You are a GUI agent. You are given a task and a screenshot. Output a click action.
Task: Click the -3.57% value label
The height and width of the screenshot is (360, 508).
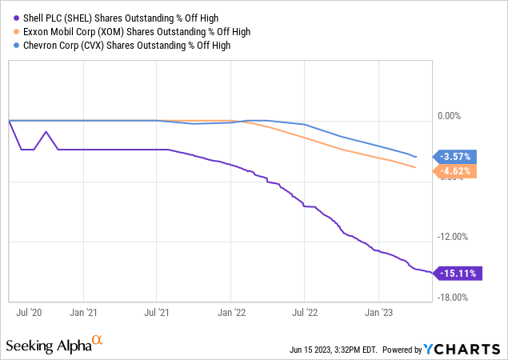pyautogui.click(x=457, y=156)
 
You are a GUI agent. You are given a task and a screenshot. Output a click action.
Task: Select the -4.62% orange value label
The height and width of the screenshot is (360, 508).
pyautogui.click(x=457, y=170)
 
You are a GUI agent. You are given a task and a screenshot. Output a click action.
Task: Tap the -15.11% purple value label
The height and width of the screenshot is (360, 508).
pyautogui.click(x=457, y=274)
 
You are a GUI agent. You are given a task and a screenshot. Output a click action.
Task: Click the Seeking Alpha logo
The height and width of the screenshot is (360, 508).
pyautogui.click(x=54, y=346)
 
